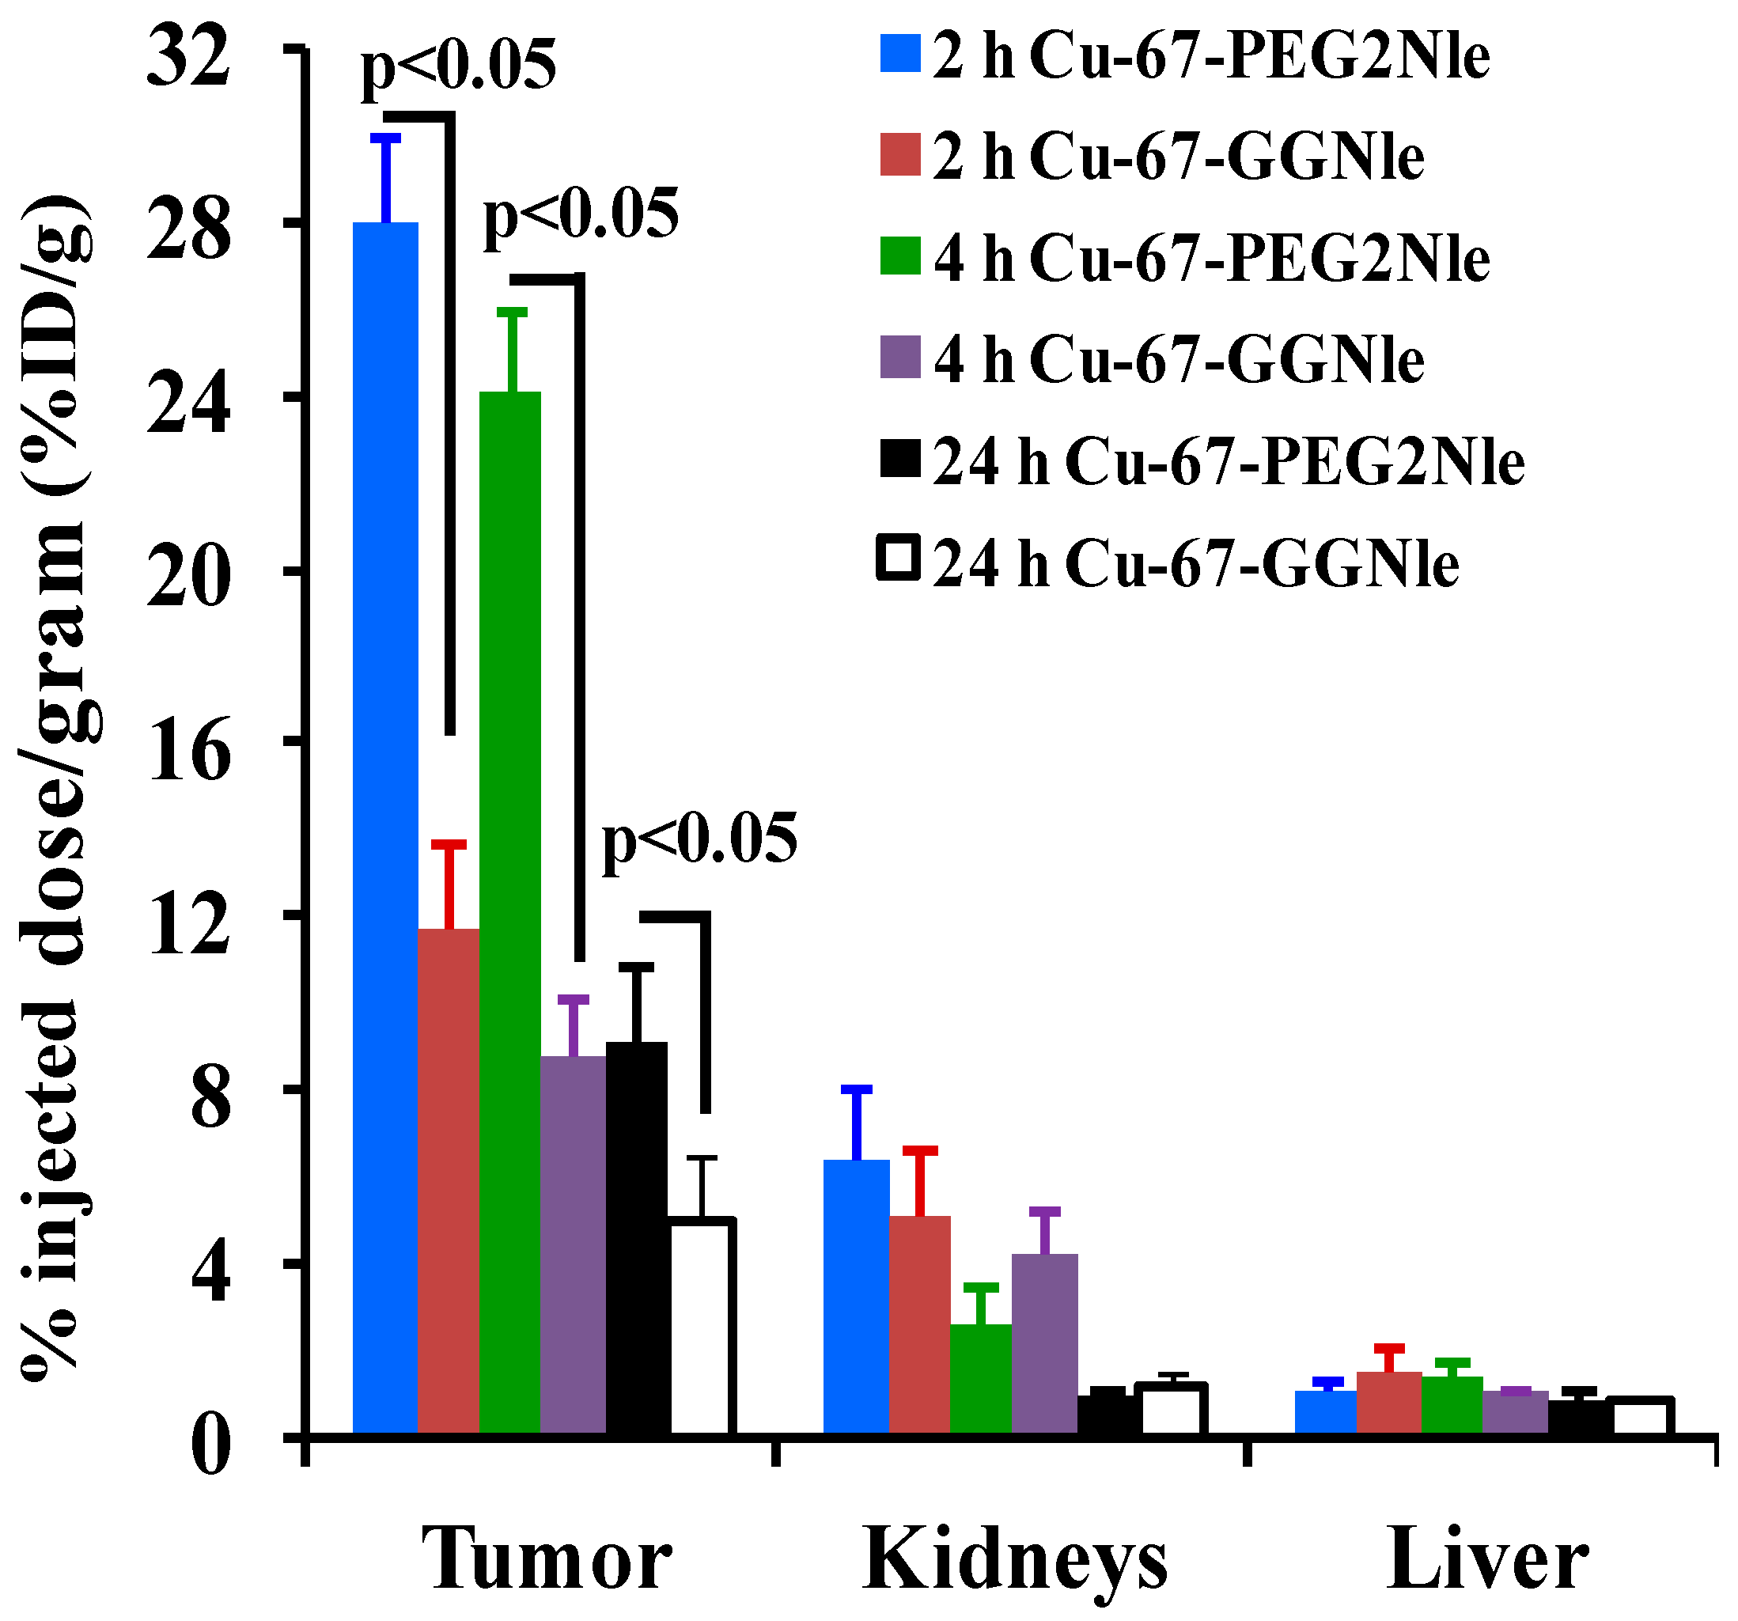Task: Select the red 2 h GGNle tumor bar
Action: coord(449,1180)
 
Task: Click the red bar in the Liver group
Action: coord(1388,1403)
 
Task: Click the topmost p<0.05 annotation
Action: coord(458,66)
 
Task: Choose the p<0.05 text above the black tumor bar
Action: coord(699,839)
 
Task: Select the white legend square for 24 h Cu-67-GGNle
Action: coord(899,559)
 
